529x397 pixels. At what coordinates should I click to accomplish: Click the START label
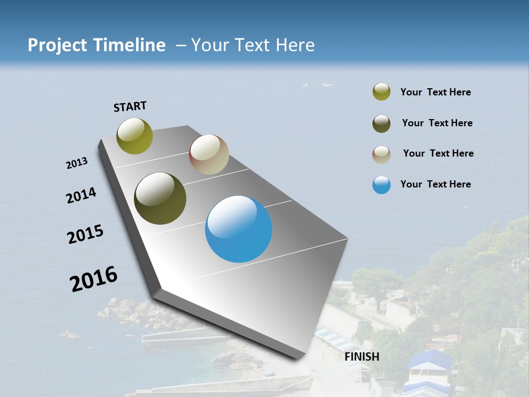coord(130,106)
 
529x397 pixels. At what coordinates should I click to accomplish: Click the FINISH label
coord(362,357)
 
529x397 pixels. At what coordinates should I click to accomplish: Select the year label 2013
coord(77,163)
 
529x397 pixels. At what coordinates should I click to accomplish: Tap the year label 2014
coord(81,196)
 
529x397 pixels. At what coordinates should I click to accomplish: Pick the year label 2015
coord(85,234)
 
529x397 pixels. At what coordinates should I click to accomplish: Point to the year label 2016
coord(94,279)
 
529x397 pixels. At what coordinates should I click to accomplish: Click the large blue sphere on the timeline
coord(239,229)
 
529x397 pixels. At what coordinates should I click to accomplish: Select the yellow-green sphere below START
coord(135,136)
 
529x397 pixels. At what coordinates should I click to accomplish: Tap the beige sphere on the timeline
coord(209,154)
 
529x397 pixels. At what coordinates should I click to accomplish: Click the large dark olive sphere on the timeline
coord(160,198)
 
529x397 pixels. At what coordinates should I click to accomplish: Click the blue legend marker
coord(381,185)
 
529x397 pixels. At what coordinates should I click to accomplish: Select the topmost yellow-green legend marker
coord(381,92)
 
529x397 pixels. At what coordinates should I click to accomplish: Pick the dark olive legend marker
coord(381,124)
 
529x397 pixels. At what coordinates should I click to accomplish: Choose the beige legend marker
coord(381,154)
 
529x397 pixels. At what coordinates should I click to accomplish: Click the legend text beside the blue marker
coord(436,184)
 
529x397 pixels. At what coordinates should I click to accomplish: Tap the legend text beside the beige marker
coord(439,153)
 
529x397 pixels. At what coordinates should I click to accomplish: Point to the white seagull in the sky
coord(327,85)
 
